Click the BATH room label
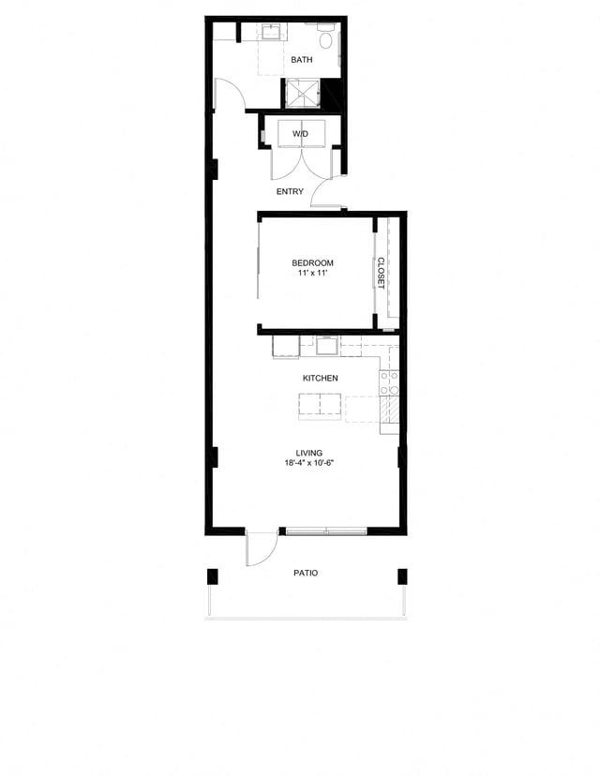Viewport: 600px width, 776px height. pyautogui.click(x=301, y=60)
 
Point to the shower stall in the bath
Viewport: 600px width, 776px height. pyautogui.click(x=301, y=93)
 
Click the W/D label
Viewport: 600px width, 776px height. pyautogui.click(x=299, y=134)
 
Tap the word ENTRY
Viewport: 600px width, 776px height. pyautogui.click(x=290, y=192)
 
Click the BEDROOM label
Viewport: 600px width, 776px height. pyautogui.click(x=312, y=263)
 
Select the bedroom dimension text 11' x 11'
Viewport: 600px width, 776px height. pyautogui.click(x=312, y=274)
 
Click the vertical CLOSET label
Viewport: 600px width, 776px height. pyautogui.click(x=382, y=273)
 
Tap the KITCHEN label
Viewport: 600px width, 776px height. pyautogui.click(x=320, y=378)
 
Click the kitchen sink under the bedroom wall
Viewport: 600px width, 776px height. pyautogui.click(x=327, y=347)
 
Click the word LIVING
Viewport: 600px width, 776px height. pyautogui.click(x=309, y=453)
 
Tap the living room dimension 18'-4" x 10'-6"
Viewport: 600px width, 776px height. pyautogui.click(x=309, y=463)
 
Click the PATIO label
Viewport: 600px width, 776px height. pyautogui.click(x=305, y=573)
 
